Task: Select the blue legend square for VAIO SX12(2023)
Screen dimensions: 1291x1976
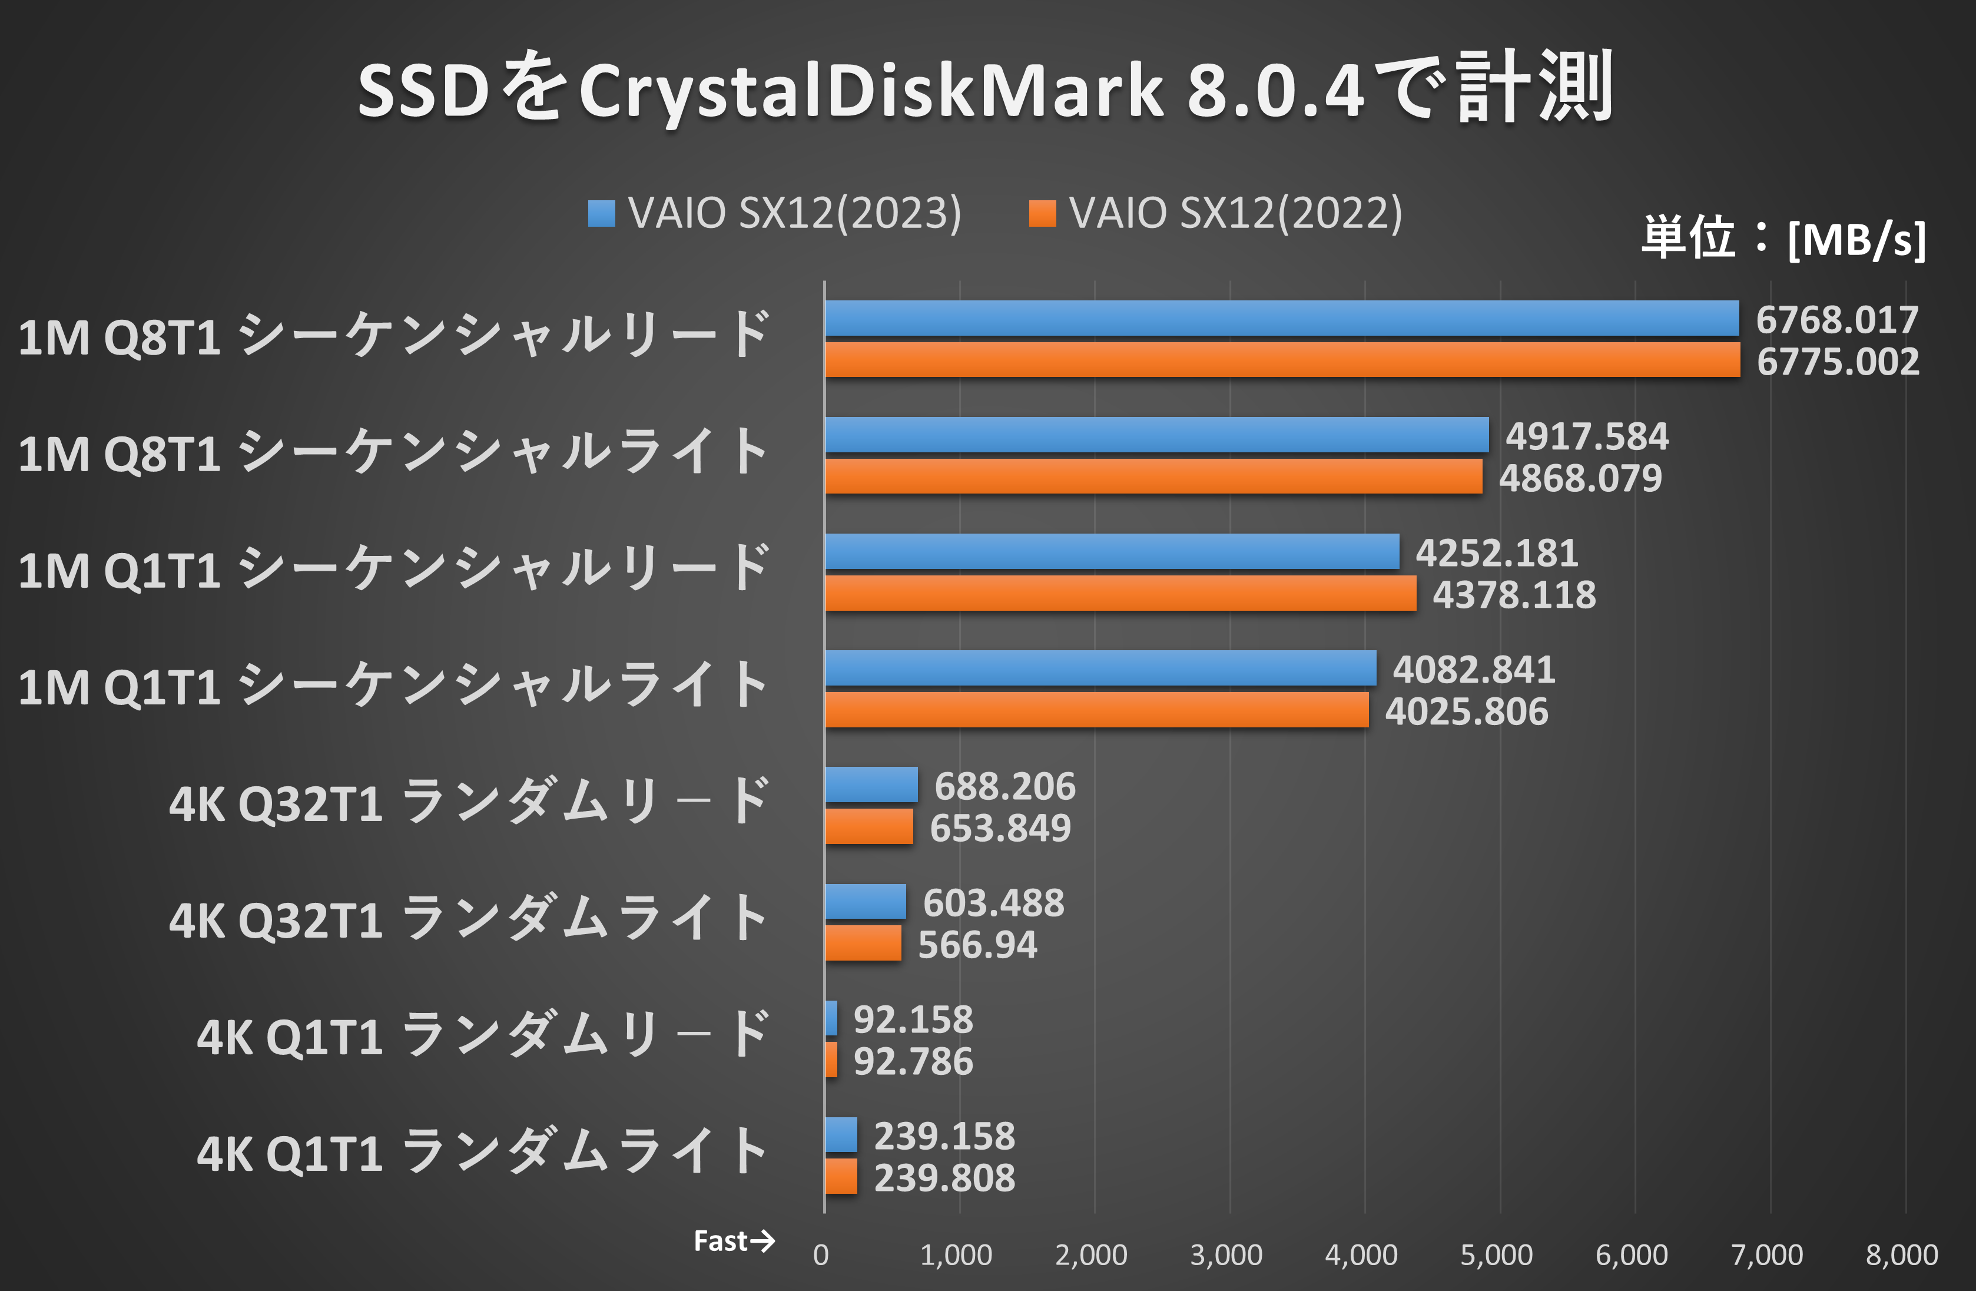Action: (x=601, y=213)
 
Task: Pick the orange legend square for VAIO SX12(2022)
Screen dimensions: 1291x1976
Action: (x=1042, y=213)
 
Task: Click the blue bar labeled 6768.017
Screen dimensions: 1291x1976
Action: (x=1281, y=318)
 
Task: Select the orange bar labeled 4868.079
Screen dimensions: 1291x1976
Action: (x=1153, y=476)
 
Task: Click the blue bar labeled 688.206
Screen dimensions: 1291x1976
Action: (x=871, y=784)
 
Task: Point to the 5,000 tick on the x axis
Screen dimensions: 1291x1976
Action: (x=1496, y=1254)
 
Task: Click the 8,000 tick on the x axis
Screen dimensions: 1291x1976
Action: (x=1901, y=1254)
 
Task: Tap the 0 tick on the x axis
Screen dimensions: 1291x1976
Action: (x=820, y=1254)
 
